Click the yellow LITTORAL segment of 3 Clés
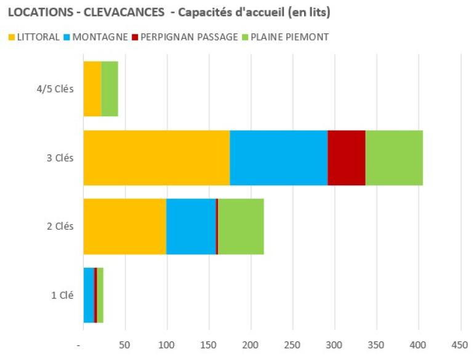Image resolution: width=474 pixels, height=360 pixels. [156, 158]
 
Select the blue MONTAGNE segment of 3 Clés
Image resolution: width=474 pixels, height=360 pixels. [278, 158]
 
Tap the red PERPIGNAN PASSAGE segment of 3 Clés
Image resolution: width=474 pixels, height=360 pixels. [346, 158]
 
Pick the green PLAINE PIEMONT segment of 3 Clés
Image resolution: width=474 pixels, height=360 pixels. [394, 158]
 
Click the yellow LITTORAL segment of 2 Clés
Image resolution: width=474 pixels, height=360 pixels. [124, 226]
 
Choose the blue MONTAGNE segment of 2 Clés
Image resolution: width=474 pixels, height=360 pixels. [191, 226]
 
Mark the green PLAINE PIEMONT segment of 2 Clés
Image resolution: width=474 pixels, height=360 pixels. [241, 226]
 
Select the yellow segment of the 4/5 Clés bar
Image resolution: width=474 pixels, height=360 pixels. [92, 89]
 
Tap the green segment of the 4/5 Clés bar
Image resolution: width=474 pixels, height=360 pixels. [110, 89]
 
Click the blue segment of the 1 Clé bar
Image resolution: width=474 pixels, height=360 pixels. [89, 295]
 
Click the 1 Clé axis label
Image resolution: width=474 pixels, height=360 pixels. [62, 295]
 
